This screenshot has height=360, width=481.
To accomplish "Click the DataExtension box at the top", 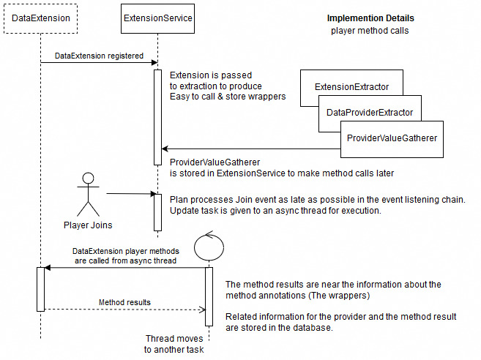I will (x=41, y=18).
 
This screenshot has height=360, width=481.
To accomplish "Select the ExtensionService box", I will (x=157, y=18).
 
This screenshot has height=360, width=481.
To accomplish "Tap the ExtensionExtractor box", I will (x=351, y=87).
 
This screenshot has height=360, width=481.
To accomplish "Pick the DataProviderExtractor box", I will (x=370, y=112).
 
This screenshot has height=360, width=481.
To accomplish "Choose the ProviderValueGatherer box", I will (x=392, y=138).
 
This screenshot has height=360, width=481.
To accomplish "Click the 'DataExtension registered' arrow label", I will (x=99, y=56).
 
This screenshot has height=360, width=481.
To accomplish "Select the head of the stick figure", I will (x=89, y=177).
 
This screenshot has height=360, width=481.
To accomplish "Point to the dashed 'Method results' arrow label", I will (x=124, y=301).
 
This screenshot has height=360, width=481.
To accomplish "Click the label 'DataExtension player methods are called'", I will (x=124, y=255).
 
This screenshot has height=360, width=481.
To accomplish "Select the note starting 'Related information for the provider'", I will (x=341, y=322).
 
